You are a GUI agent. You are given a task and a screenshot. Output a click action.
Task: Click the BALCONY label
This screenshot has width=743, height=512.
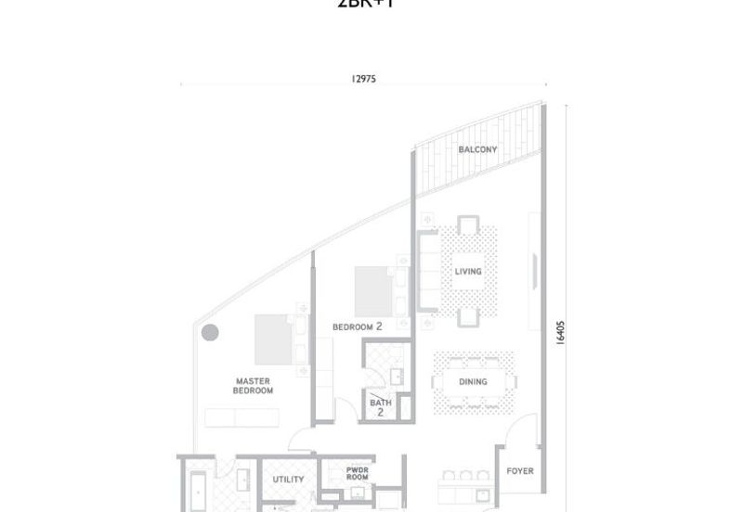point(477,149)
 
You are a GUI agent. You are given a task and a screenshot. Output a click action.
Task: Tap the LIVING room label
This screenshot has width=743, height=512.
point(467,271)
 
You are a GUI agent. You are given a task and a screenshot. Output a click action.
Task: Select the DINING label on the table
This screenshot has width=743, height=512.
point(473,382)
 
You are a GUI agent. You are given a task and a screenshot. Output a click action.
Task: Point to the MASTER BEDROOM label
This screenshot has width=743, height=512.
point(254,386)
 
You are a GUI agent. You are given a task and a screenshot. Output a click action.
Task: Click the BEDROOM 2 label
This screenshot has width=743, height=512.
point(358,327)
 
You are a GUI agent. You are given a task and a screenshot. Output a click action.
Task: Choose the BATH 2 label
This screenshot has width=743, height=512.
point(381,406)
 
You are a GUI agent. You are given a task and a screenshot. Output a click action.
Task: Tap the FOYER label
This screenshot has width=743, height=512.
point(520,471)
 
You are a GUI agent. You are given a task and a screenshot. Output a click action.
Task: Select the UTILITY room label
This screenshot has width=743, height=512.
point(288,480)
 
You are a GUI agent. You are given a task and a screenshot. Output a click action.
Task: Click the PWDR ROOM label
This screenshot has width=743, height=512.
point(358,475)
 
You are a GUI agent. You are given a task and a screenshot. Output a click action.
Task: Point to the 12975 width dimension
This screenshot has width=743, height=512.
point(364,80)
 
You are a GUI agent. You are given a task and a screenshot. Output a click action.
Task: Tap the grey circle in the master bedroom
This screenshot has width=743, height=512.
point(210,332)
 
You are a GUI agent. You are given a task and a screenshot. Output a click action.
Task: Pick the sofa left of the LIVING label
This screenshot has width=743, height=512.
point(429,271)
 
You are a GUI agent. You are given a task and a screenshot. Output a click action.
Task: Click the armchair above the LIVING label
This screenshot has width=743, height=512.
point(467,228)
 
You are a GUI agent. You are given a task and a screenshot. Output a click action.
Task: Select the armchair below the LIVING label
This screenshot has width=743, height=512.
point(467,315)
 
